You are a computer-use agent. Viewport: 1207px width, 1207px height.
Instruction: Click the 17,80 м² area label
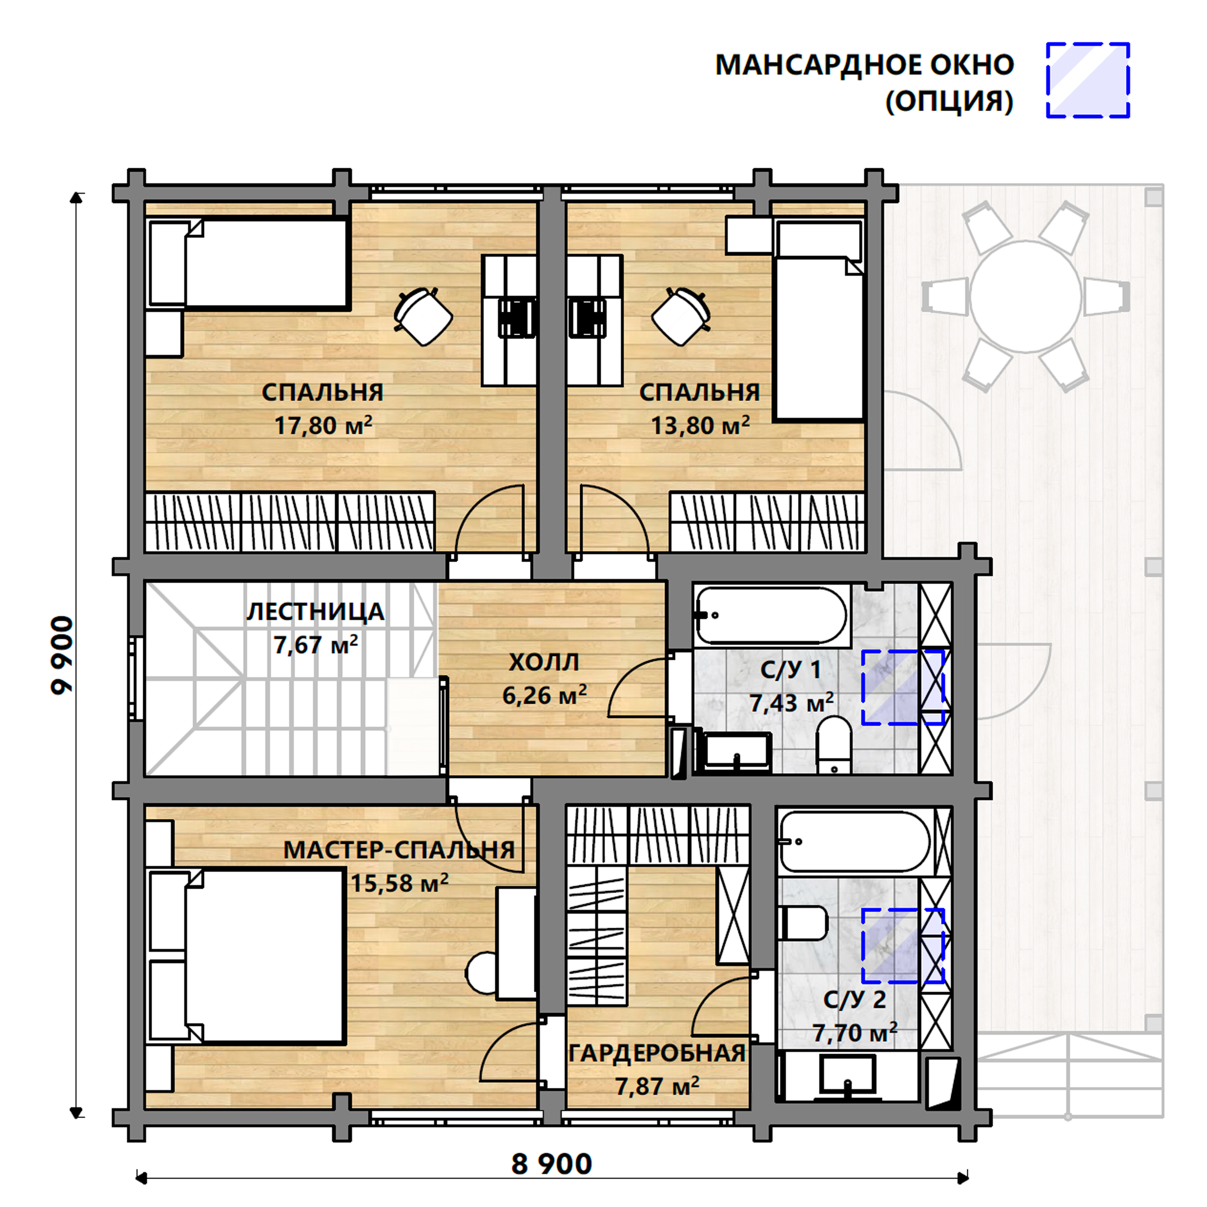(323, 425)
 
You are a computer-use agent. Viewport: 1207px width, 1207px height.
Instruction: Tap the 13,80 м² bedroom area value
(700, 425)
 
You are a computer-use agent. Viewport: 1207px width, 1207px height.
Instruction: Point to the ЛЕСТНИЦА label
(315, 612)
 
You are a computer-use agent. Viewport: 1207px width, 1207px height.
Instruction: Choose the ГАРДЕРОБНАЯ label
(657, 1053)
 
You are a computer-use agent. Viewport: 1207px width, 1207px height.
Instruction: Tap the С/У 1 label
(790, 670)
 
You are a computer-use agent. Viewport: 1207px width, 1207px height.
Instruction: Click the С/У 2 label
(855, 999)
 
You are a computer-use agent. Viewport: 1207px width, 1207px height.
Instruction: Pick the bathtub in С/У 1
(772, 616)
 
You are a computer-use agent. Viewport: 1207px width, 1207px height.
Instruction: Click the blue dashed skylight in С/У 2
(903, 945)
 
